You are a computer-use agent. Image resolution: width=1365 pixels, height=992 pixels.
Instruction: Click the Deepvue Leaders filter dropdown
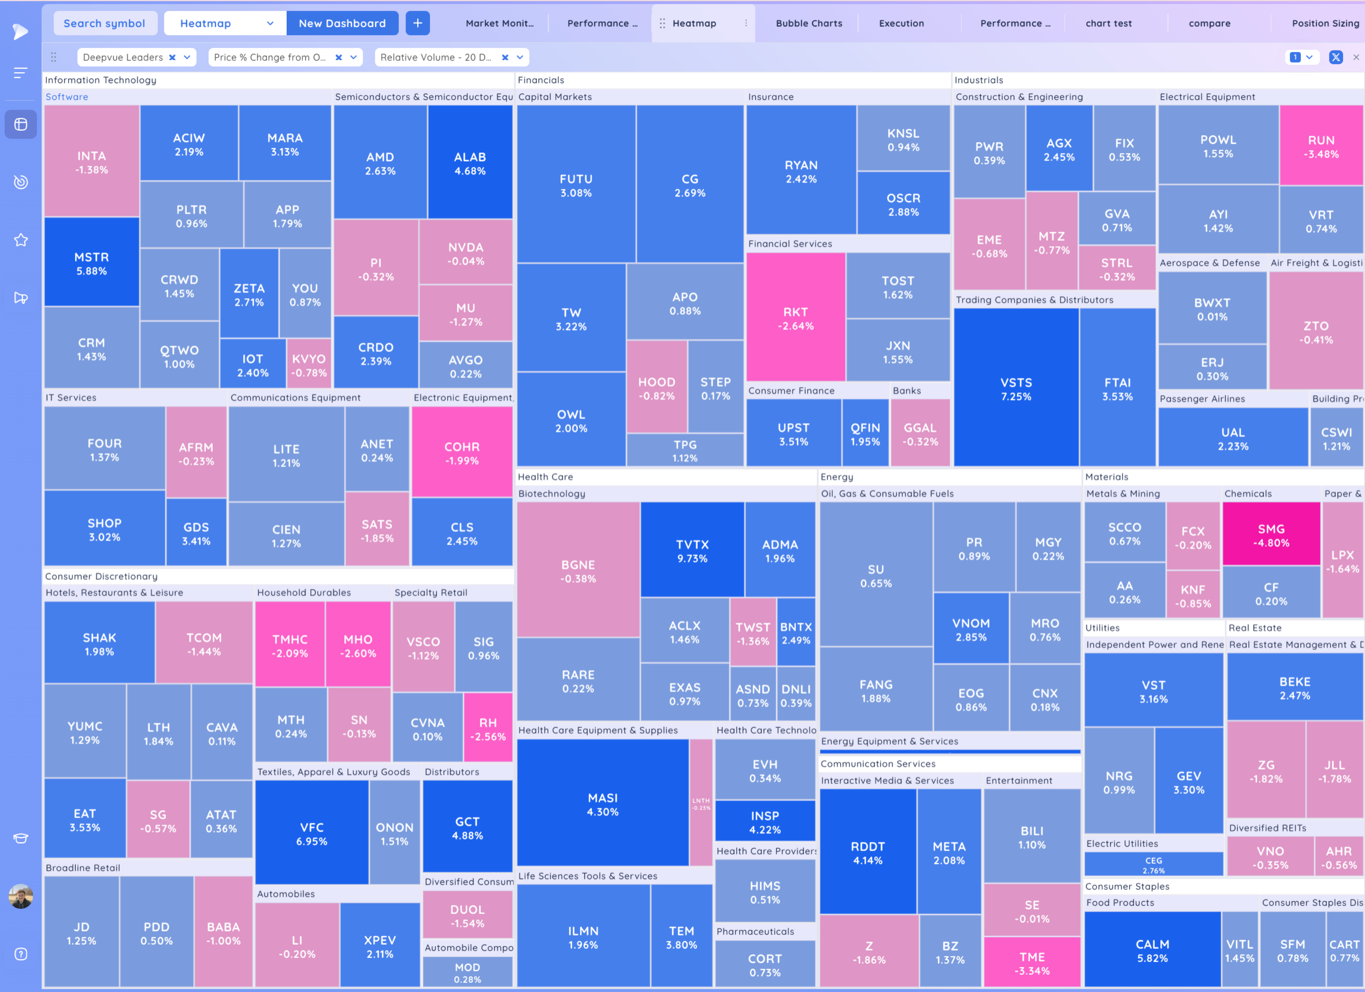pyautogui.click(x=136, y=57)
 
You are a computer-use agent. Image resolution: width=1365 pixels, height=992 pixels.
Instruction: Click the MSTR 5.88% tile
pyautogui.click(x=91, y=263)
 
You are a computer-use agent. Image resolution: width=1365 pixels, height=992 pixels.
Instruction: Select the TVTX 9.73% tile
pyautogui.click(x=692, y=550)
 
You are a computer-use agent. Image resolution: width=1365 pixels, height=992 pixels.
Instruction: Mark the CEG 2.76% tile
pyautogui.click(x=1153, y=864)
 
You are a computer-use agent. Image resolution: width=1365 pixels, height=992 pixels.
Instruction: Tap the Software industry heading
pyautogui.click(x=67, y=97)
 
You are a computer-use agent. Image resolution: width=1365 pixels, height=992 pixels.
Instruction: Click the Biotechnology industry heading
pyautogui.click(x=551, y=494)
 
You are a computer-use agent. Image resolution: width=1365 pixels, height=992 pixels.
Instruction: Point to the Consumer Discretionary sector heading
pyautogui.click(x=101, y=576)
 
